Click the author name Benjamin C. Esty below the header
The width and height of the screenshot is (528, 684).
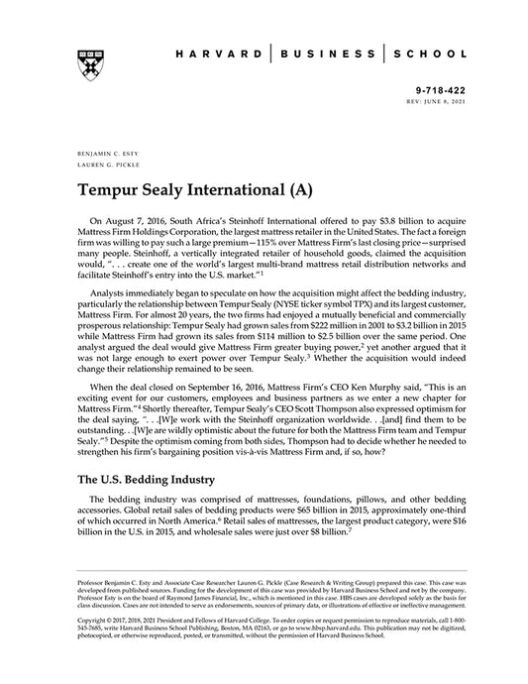pyautogui.click(x=106, y=157)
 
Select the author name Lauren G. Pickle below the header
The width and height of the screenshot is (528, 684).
pyautogui.click(x=103, y=167)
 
